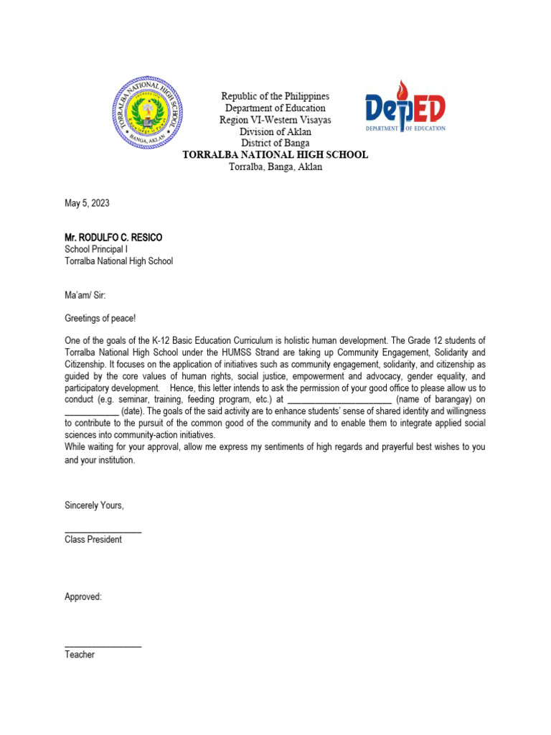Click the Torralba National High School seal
tap(149, 113)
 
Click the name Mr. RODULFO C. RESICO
tap(118, 237)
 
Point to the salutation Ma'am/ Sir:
tap(85, 294)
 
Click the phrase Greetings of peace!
tap(100, 317)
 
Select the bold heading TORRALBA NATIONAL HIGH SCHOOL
tap(275, 154)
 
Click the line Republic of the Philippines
tap(275, 96)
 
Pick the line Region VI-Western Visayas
tap(275, 120)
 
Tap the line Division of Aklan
tap(275, 131)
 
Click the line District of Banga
tap(275, 143)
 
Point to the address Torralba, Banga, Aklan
tap(275, 167)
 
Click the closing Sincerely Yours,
tap(94, 505)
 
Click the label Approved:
tap(83, 596)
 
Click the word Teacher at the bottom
tap(80, 655)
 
